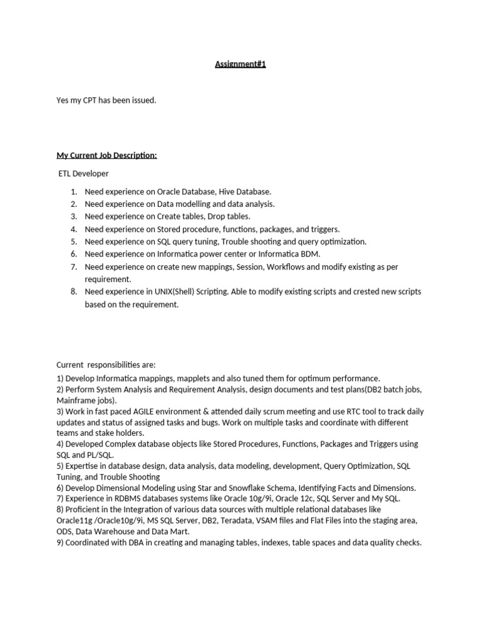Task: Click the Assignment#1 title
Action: (x=240, y=64)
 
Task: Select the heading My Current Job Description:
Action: (x=106, y=155)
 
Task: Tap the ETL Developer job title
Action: (x=83, y=173)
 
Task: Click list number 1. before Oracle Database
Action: (x=73, y=192)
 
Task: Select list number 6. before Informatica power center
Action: (x=73, y=254)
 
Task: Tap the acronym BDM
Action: (x=310, y=254)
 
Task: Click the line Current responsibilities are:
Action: (x=106, y=365)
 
